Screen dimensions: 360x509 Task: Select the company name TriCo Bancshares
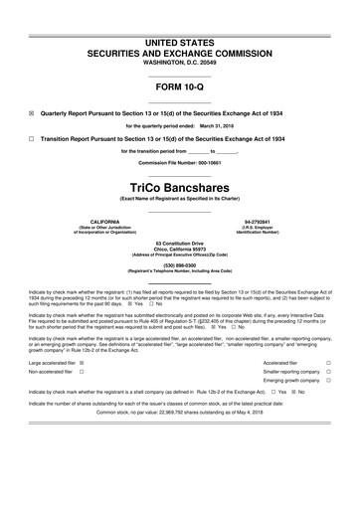tap(179, 186)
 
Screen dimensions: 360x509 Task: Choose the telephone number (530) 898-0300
tap(179, 264)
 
